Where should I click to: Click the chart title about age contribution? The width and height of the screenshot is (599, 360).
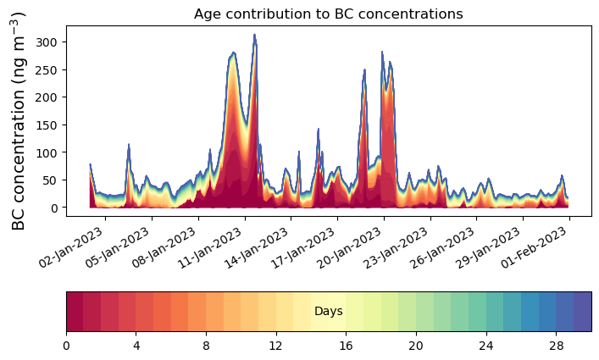click(328, 14)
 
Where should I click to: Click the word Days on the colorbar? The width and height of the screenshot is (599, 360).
click(329, 312)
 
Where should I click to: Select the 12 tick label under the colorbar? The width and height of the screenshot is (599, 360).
click(276, 346)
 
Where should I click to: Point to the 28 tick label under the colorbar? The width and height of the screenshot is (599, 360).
click(556, 346)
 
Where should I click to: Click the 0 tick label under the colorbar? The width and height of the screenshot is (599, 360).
click(66, 346)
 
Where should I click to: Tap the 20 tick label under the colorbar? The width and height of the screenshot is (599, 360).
click(416, 346)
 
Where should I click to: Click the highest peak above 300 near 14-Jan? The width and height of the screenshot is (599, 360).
click(254, 35)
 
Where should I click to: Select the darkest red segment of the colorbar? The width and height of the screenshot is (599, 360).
click(75, 312)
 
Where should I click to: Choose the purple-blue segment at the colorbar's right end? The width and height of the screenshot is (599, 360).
click(582, 312)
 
